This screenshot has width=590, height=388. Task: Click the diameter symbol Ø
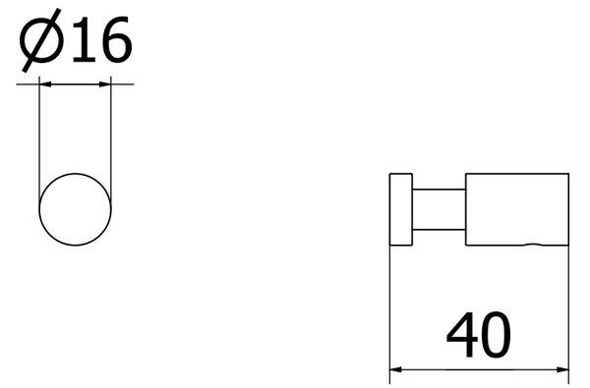coord(40,40)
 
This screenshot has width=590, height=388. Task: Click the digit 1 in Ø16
coord(84,39)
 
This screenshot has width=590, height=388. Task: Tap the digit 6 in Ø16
coord(116,39)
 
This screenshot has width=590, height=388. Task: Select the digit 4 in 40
coord(462,335)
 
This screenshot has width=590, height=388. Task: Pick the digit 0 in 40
coord(496,335)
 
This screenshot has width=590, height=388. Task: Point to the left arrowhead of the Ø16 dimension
coord(45,84)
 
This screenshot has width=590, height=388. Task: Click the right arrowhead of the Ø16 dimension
coord(105,84)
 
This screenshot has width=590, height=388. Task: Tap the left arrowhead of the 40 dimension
coord(396,370)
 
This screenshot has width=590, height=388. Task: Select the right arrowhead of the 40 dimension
coord(562,370)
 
